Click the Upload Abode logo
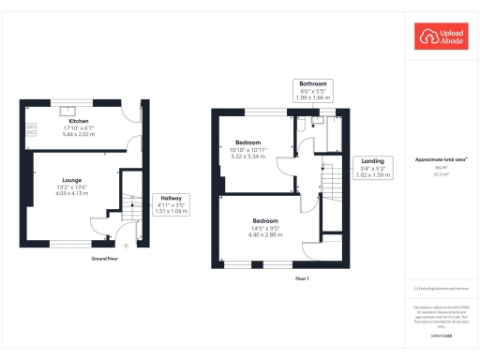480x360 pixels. point(442,37)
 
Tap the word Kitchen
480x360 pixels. point(79,123)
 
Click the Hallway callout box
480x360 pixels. point(171,205)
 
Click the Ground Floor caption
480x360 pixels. point(104,258)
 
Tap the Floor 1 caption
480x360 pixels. point(302,279)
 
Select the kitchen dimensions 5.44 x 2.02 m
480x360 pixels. point(79,135)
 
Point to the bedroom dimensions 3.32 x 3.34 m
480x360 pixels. point(249,157)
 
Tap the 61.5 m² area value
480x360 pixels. point(442,174)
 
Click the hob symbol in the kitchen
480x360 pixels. point(31,129)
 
